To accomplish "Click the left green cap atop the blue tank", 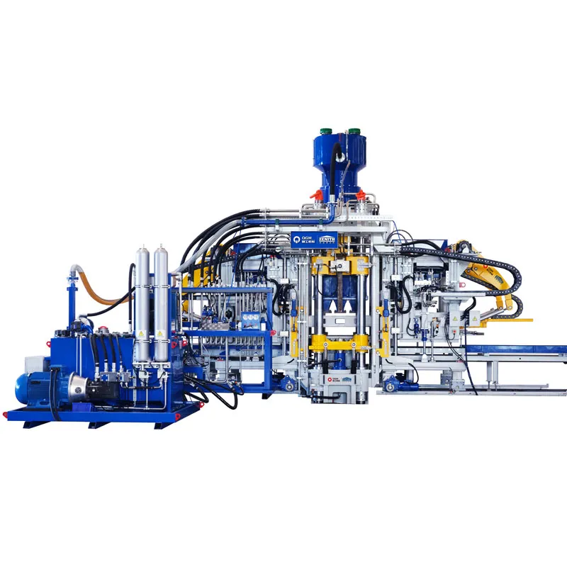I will tap(327, 132).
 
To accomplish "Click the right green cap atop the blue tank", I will tap(352, 132).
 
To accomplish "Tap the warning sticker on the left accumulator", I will tap(143, 334).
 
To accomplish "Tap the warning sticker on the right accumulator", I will tap(162, 334).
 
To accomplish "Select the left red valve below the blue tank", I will tap(317, 194).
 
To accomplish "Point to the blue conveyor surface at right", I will tap(524, 349).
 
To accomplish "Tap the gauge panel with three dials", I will tap(249, 320).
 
